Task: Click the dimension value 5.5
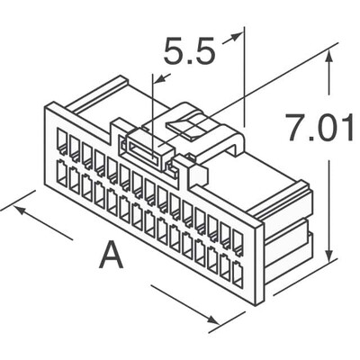tap(189, 54)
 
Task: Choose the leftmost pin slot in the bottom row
tap(62, 171)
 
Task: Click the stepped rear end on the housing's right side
tap(288, 234)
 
